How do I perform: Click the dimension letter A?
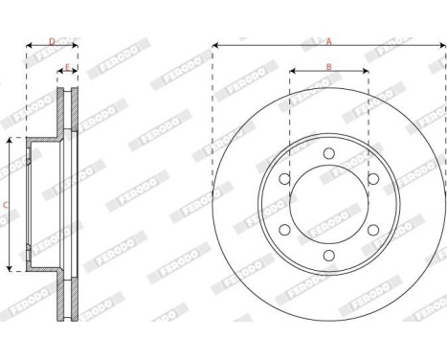[328, 40]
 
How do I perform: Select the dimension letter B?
[327, 66]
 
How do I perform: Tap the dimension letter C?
[6, 204]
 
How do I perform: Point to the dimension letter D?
[52, 40]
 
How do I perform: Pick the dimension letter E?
[66, 67]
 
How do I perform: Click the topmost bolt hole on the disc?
[327, 153]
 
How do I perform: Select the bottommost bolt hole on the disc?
[327, 255]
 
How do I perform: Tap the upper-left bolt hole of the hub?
[284, 179]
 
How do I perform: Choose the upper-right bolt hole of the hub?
[371, 179]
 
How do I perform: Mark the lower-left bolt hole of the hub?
[284, 230]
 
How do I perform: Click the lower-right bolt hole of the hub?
[371, 230]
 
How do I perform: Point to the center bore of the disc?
[327, 204]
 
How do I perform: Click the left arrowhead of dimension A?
[214, 45]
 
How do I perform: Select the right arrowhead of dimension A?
[441, 45]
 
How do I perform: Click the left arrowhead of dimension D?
[27, 45]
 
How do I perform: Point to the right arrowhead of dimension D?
[77, 45]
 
